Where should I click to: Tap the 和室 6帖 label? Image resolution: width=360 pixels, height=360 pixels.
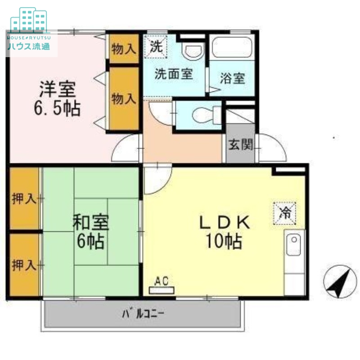[90, 232]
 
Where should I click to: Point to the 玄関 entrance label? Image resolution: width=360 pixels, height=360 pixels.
[241, 145]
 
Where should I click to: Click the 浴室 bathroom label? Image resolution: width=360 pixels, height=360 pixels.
[232, 78]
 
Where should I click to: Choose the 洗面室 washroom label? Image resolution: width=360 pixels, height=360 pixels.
[174, 74]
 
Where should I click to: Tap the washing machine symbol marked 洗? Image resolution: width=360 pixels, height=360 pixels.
[156, 46]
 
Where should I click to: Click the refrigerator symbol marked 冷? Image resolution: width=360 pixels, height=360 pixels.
[284, 212]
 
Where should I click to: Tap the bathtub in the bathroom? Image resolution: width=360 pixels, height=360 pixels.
[232, 47]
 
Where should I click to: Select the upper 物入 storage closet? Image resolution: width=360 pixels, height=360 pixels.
[124, 49]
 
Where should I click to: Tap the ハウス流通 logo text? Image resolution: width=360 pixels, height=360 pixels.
[28, 46]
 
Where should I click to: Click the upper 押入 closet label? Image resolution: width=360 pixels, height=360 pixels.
[24, 198]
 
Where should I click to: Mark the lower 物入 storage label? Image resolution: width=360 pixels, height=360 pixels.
[124, 99]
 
